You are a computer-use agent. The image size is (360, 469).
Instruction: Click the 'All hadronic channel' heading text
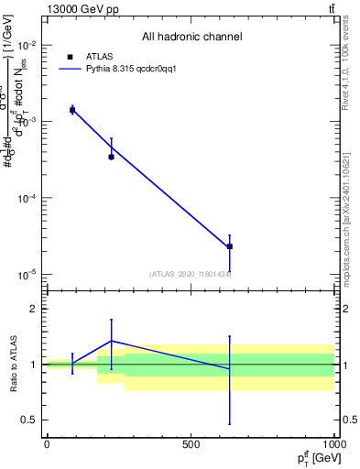(x=191, y=37)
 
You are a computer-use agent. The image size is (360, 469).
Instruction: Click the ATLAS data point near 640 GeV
(x=230, y=246)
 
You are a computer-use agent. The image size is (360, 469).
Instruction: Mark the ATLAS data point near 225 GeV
(x=111, y=157)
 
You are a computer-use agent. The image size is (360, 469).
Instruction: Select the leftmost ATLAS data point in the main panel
(x=72, y=110)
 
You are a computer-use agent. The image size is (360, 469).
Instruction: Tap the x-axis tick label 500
(x=191, y=443)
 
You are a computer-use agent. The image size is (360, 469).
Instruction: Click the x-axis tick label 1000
(x=332, y=443)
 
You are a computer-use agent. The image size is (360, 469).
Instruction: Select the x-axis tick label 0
(x=47, y=443)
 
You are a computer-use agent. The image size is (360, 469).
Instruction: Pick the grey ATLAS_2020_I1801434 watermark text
(x=191, y=274)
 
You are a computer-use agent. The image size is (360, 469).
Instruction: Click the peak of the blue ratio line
(x=111, y=341)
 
